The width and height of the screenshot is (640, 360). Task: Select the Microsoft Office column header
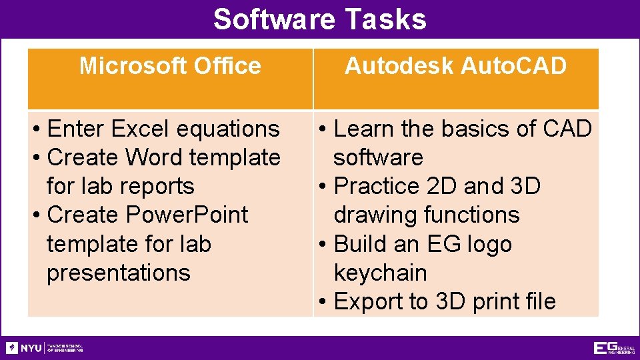pyautogui.click(x=170, y=66)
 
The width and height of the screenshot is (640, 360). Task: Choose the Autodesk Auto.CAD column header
pyautogui.click(x=455, y=66)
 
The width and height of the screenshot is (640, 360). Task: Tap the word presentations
pyautogui.click(x=118, y=273)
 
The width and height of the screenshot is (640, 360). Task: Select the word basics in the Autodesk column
pyautogui.click(x=483, y=128)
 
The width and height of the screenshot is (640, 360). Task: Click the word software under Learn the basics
pyautogui.click(x=378, y=157)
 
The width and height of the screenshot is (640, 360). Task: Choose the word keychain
pyautogui.click(x=380, y=273)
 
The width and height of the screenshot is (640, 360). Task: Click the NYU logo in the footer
pyautogui.click(x=24, y=348)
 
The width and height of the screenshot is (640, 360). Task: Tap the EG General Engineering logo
pyautogui.click(x=613, y=348)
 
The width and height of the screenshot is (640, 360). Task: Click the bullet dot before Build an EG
pyautogui.click(x=321, y=244)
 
